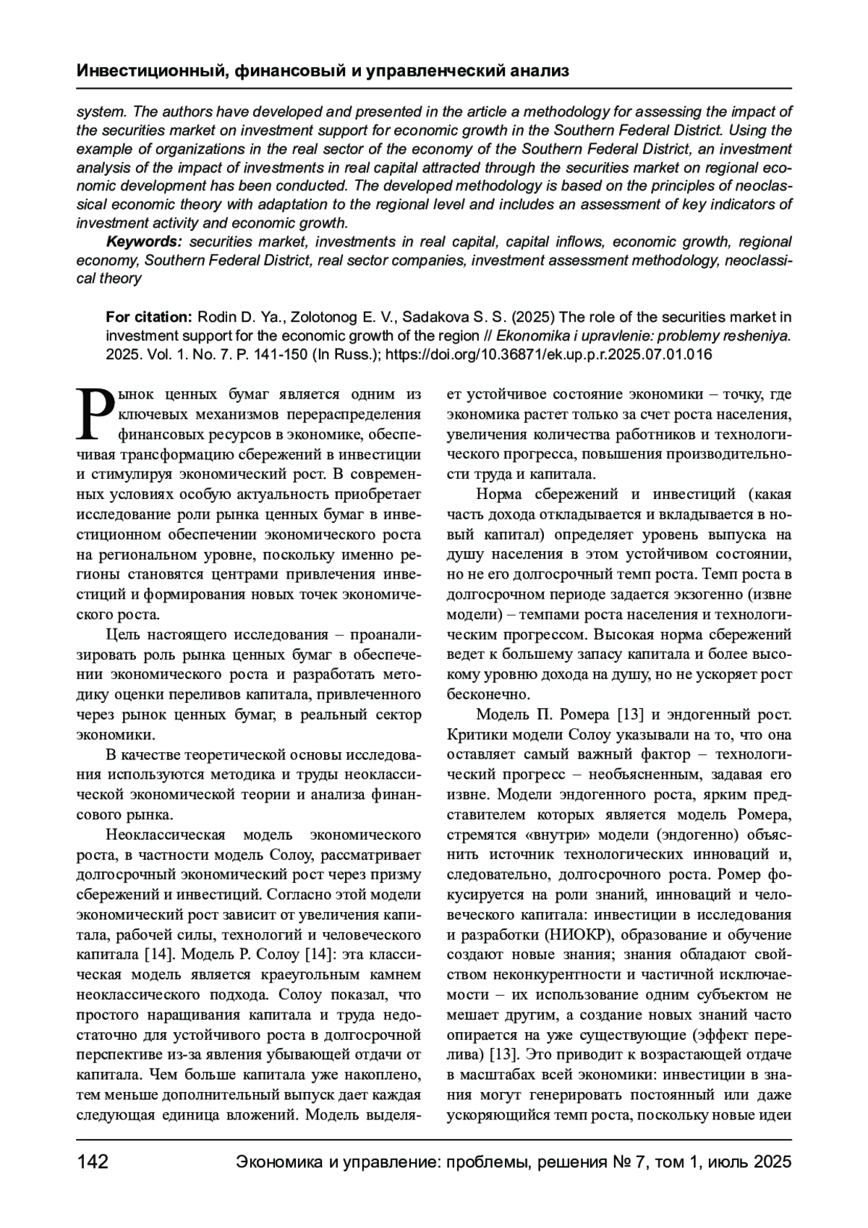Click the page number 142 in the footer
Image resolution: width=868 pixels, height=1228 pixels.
click(x=93, y=1162)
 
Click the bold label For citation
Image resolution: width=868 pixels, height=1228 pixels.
click(x=149, y=317)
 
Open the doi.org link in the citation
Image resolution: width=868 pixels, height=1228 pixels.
click(x=549, y=355)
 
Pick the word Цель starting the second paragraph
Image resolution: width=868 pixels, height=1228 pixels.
click(x=124, y=635)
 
